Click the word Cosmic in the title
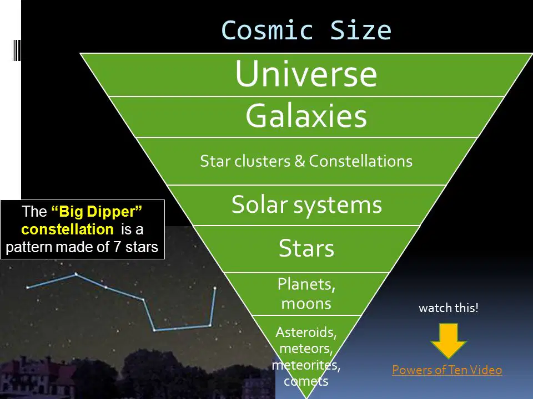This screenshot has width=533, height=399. tap(267, 30)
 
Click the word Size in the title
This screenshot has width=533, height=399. tap(361, 30)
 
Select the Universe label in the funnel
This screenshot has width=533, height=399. tap(306, 74)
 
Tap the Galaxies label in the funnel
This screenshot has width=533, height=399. tap(306, 116)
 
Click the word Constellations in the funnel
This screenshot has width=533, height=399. tap(361, 161)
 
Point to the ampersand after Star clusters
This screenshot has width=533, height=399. tap(299, 161)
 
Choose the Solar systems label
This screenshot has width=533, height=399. tap(306, 205)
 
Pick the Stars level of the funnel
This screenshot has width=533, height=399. tap(306, 248)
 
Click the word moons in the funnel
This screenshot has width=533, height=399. tap(306, 303)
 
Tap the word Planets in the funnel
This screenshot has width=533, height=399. tap(306, 284)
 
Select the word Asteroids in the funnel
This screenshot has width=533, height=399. tap(306, 332)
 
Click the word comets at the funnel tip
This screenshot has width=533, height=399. tap(306, 381)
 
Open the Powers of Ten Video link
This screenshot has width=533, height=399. tap(447, 370)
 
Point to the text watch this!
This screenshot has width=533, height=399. tap(449, 308)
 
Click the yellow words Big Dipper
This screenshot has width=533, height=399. tap(97, 212)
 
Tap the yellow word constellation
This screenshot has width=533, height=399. tap(67, 229)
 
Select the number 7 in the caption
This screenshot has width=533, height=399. tap(117, 247)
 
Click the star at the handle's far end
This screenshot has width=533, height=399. tap(28, 288)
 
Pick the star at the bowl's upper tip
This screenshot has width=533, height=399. tap(215, 288)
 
